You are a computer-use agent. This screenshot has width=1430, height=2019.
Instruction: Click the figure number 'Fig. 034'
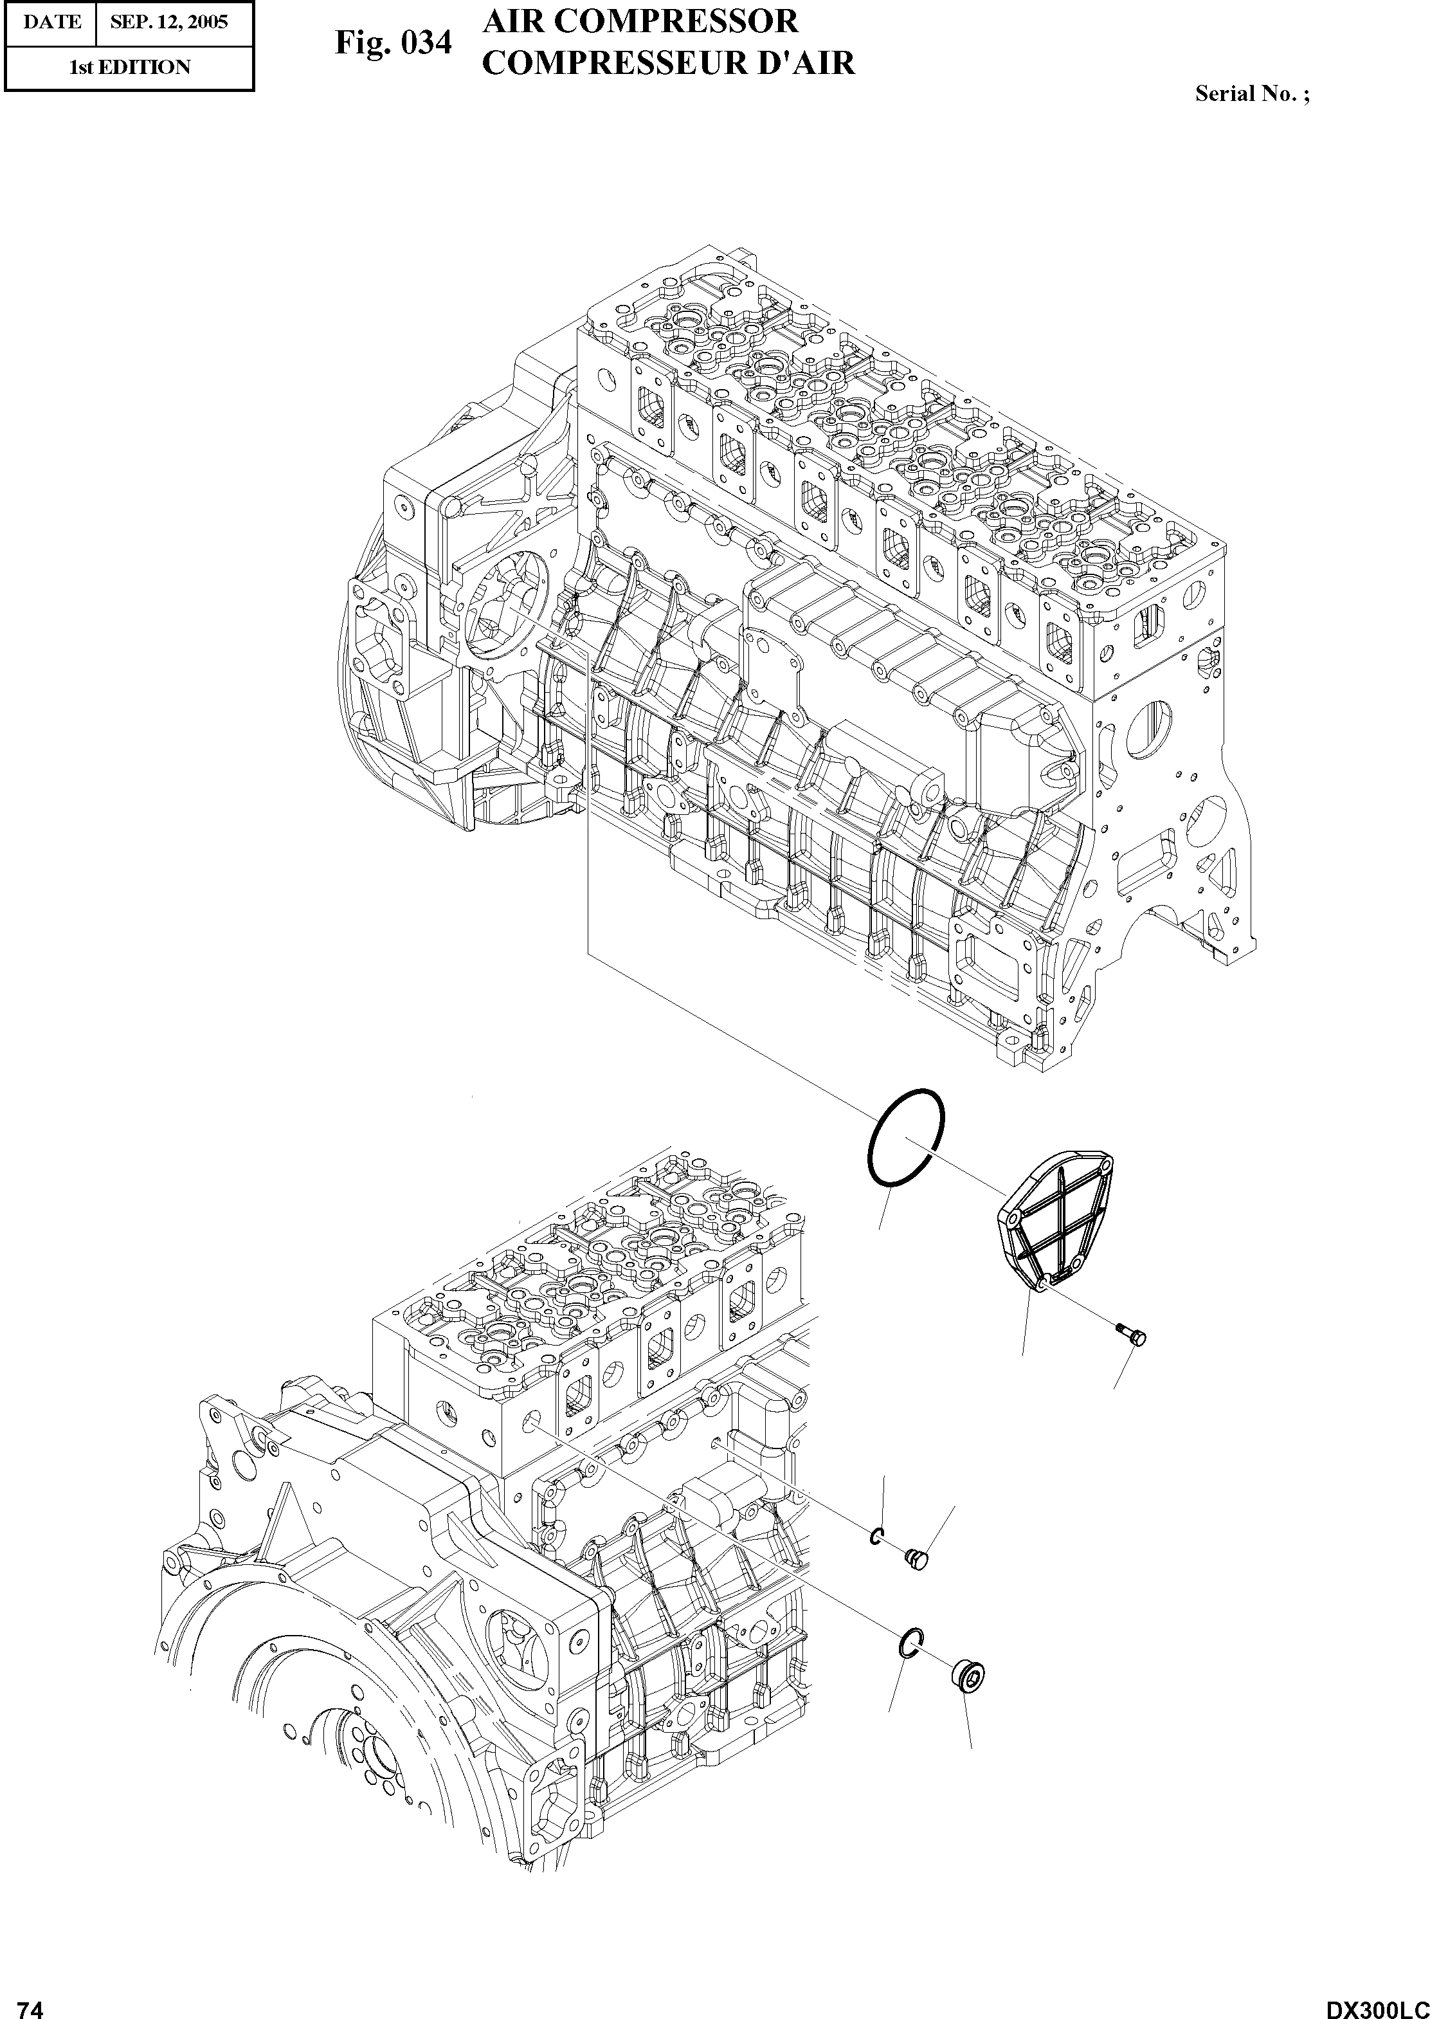coord(393,43)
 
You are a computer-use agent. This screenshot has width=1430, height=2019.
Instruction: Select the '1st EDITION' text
coord(129,68)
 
